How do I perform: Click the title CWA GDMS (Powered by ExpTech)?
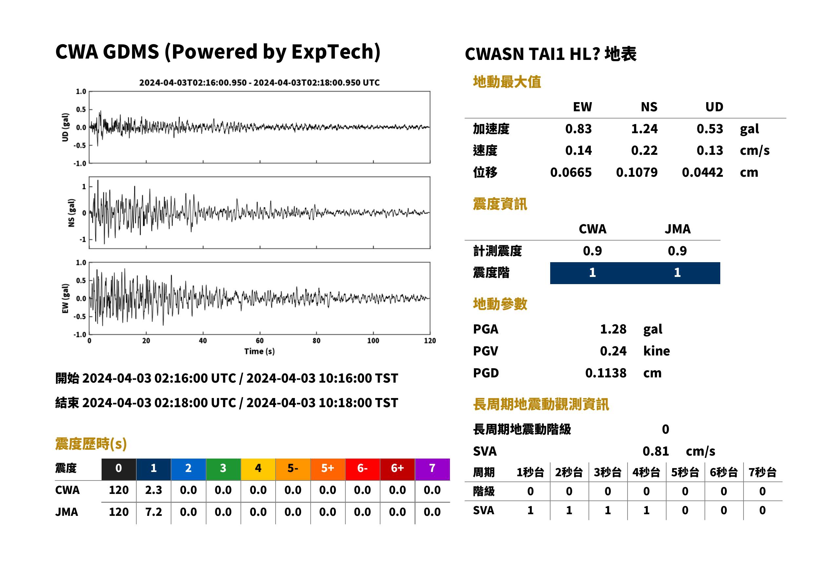point(218,52)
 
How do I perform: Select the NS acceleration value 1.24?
point(644,129)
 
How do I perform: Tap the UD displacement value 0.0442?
point(702,172)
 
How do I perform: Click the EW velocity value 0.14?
point(578,151)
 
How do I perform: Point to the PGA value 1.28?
point(613,329)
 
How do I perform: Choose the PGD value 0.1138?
point(606,373)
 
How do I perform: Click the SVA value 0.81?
point(655,451)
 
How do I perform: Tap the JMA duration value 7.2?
point(153,512)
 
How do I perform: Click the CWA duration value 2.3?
point(153,490)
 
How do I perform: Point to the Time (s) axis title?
point(260,352)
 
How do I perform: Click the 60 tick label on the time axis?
point(260,341)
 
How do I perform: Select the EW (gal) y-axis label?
point(65,299)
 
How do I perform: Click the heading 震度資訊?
point(500,204)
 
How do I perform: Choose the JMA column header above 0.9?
point(678,229)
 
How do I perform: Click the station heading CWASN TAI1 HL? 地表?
point(551,54)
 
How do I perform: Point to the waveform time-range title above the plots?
point(260,83)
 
